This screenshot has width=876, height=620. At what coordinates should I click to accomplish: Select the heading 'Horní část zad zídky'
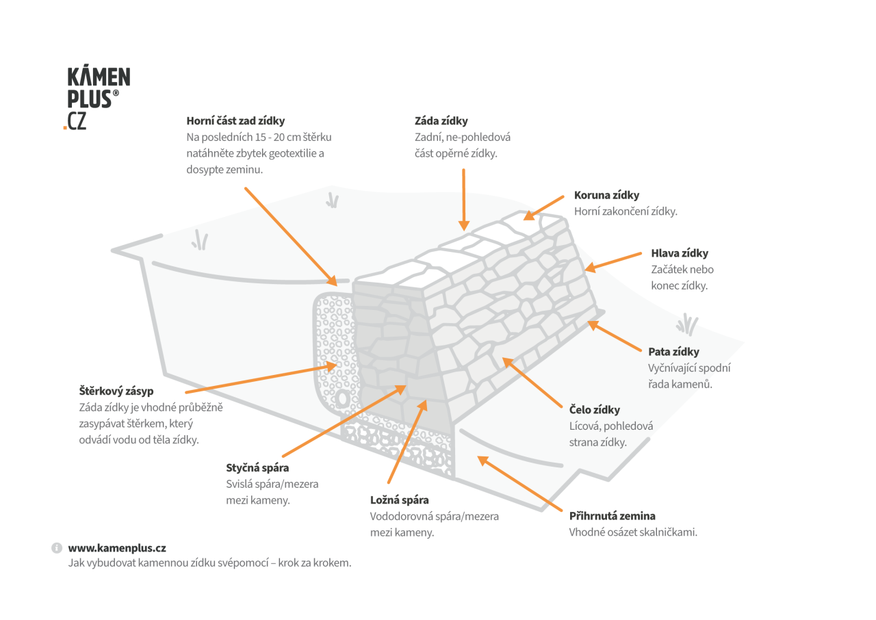tap(235, 121)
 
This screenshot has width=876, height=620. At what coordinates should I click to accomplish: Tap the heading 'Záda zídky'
tap(441, 121)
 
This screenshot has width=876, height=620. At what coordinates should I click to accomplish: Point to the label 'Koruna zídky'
tap(606, 195)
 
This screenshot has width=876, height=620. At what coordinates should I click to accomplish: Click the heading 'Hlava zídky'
tap(680, 253)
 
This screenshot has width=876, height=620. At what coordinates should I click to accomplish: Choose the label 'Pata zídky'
tap(674, 352)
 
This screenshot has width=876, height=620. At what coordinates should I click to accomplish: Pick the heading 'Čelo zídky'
tap(595, 410)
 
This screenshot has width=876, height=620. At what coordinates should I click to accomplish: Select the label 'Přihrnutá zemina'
tap(612, 516)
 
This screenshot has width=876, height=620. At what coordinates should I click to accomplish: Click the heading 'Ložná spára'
tap(399, 500)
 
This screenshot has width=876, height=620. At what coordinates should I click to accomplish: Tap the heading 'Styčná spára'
tap(257, 468)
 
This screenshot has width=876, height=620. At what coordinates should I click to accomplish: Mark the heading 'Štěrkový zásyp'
tap(116, 391)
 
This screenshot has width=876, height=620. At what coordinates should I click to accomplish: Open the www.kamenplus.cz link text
tap(117, 548)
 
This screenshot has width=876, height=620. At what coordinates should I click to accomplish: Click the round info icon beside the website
tap(57, 548)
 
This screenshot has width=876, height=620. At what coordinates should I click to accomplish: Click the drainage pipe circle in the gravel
tap(343, 399)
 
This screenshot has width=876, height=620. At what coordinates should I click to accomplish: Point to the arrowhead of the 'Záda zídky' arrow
tap(464, 225)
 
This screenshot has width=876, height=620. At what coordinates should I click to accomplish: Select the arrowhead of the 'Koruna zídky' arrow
tap(529, 216)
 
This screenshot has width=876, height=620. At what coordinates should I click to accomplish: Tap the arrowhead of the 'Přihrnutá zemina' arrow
tap(483, 461)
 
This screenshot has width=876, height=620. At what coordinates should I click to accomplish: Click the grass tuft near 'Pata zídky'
tap(686, 324)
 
